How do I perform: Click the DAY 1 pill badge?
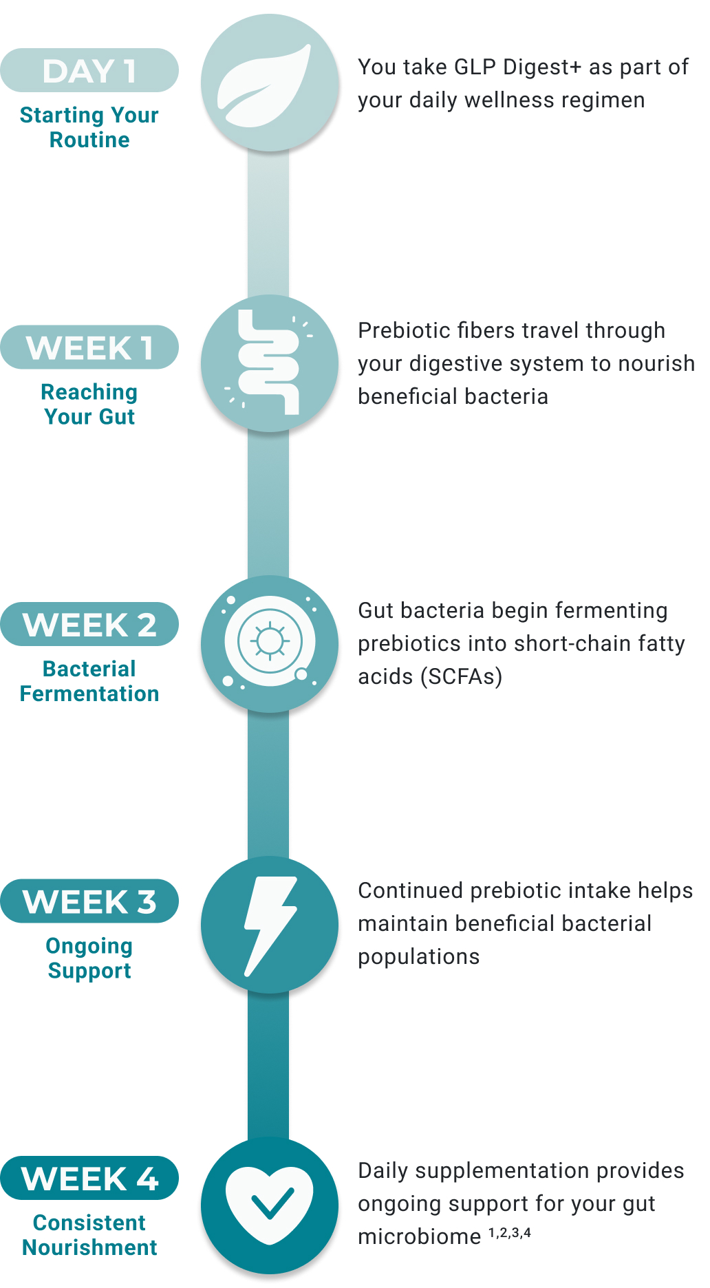[x=89, y=70]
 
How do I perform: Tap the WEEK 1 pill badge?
[x=89, y=347]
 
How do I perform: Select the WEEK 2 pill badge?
[x=89, y=624]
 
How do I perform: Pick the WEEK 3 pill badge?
[x=89, y=901]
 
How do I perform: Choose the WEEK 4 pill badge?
[x=89, y=1178]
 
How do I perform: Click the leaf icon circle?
[x=270, y=83]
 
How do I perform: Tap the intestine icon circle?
[x=270, y=363]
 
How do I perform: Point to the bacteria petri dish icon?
[x=270, y=643]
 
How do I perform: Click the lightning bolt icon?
[x=270, y=925]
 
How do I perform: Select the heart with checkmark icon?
[x=270, y=1205]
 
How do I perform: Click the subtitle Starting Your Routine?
[x=89, y=127]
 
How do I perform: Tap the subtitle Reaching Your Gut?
[x=89, y=405]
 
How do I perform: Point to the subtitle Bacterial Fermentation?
[x=89, y=681]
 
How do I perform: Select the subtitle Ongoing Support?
[x=89, y=958]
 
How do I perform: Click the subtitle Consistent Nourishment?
[x=89, y=1235]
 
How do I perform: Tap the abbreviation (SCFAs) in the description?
[x=465, y=677]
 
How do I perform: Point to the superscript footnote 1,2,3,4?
[x=510, y=1232]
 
